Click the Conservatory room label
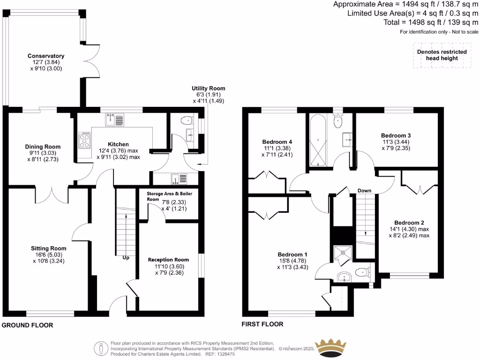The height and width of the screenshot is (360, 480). coord(45,56)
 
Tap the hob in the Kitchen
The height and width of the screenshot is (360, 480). coord(85,140)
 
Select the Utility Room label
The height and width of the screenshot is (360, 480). coord(208,88)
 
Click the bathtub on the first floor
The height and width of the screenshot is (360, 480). coord(318,140)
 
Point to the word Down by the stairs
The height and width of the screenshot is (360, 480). coord(364,191)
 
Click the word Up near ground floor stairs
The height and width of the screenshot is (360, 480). coord(126,258)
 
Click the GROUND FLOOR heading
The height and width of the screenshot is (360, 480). coord(28,325)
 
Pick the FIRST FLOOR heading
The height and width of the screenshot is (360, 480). coord(262,324)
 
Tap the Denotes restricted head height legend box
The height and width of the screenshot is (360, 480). coord(442,55)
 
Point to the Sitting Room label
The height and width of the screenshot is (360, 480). coord(49,248)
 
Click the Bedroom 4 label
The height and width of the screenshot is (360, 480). coord(277,142)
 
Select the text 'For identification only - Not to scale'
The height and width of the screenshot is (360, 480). coord(439,32)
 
